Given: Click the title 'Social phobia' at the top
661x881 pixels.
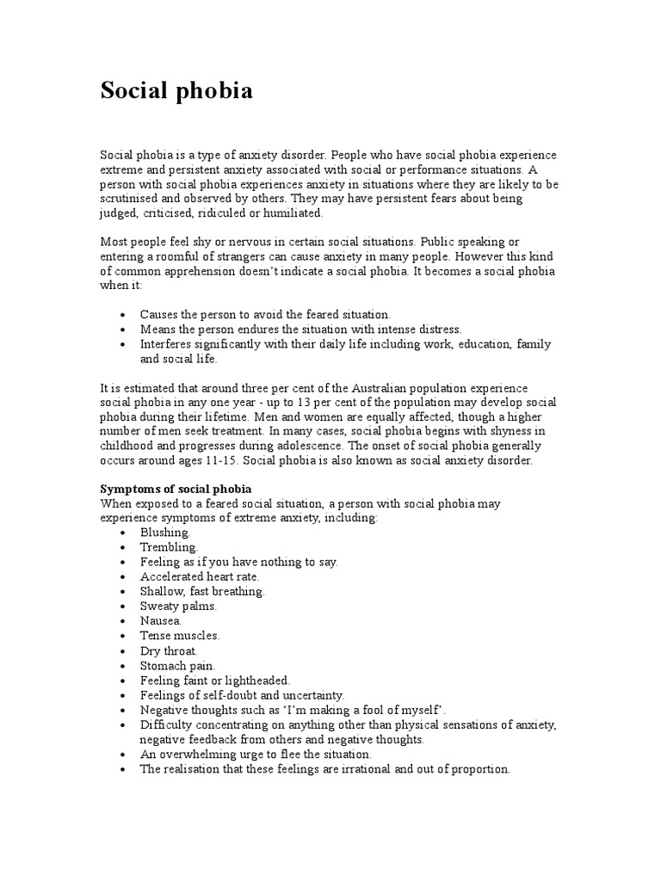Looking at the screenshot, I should coord(176,90).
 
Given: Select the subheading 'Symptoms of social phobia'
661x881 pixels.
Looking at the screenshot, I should coord(176,490).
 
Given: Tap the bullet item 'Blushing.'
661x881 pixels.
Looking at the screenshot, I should coord(164,533).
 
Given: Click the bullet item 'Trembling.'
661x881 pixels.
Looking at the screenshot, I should coord(169,547).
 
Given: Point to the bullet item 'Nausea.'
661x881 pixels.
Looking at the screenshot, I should coord(161,620).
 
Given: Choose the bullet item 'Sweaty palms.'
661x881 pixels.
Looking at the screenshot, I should coord(178,606).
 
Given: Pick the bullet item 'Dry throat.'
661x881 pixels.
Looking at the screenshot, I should coord(169,650).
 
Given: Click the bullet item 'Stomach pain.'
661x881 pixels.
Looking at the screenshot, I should coord(177,665).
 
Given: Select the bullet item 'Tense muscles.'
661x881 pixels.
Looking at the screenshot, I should coord(180,636).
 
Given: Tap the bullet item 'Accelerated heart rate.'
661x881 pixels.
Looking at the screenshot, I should coord(200,576).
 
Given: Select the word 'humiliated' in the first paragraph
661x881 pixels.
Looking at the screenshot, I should coord(294,213).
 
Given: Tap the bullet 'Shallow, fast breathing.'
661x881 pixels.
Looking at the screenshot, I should coord(202,591).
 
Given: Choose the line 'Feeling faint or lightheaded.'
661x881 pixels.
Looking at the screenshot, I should coord(215,680).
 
